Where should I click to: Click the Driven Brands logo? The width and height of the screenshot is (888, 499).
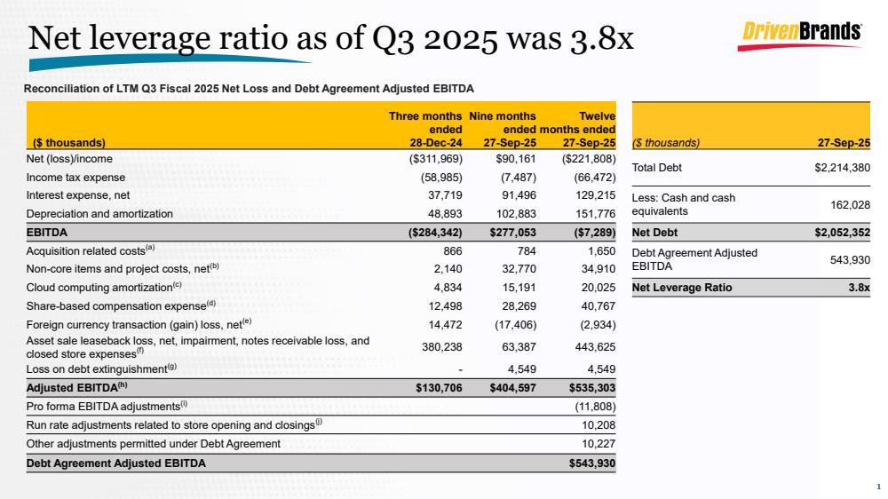pos(801,32)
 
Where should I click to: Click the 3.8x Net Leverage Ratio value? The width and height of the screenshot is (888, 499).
pos(857,288)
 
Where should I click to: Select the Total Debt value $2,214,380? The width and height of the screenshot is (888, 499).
pos(842,167)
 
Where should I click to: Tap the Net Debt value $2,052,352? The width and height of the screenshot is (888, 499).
pos(842,234)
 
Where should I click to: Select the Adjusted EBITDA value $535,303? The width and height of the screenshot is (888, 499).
pos(592,387)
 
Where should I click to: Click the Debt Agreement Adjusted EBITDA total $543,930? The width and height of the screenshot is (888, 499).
pos(592,463)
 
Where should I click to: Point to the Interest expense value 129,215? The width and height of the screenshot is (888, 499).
pos(595,194)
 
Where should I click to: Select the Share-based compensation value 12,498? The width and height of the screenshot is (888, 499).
pos(441,305)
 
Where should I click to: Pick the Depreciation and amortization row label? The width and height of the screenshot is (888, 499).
pos(100,214)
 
